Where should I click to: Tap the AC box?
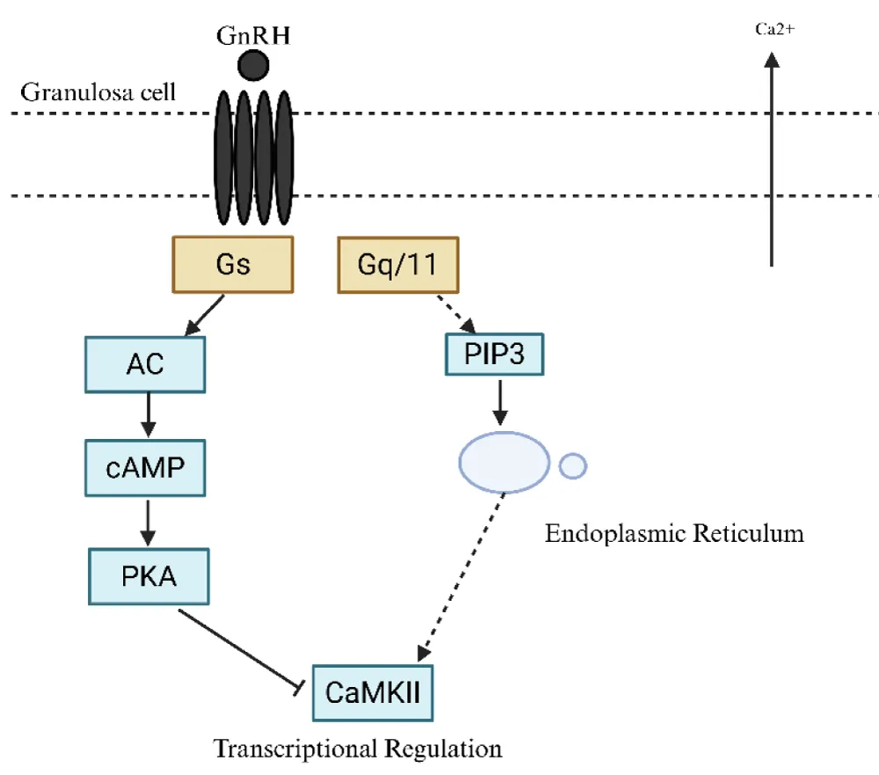coord(146,363)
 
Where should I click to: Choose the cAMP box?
coord(146,467)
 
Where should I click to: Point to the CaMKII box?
coord(373,691)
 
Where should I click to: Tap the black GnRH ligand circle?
coord(253,65)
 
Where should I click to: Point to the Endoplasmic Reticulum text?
coord(674,533)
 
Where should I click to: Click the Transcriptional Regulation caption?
coord(359,749)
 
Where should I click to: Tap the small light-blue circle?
coord(572,465)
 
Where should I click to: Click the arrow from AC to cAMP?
coord(147,414)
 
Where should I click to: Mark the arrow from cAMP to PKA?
coord(147,522)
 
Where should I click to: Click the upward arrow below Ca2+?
coord(771,158)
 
